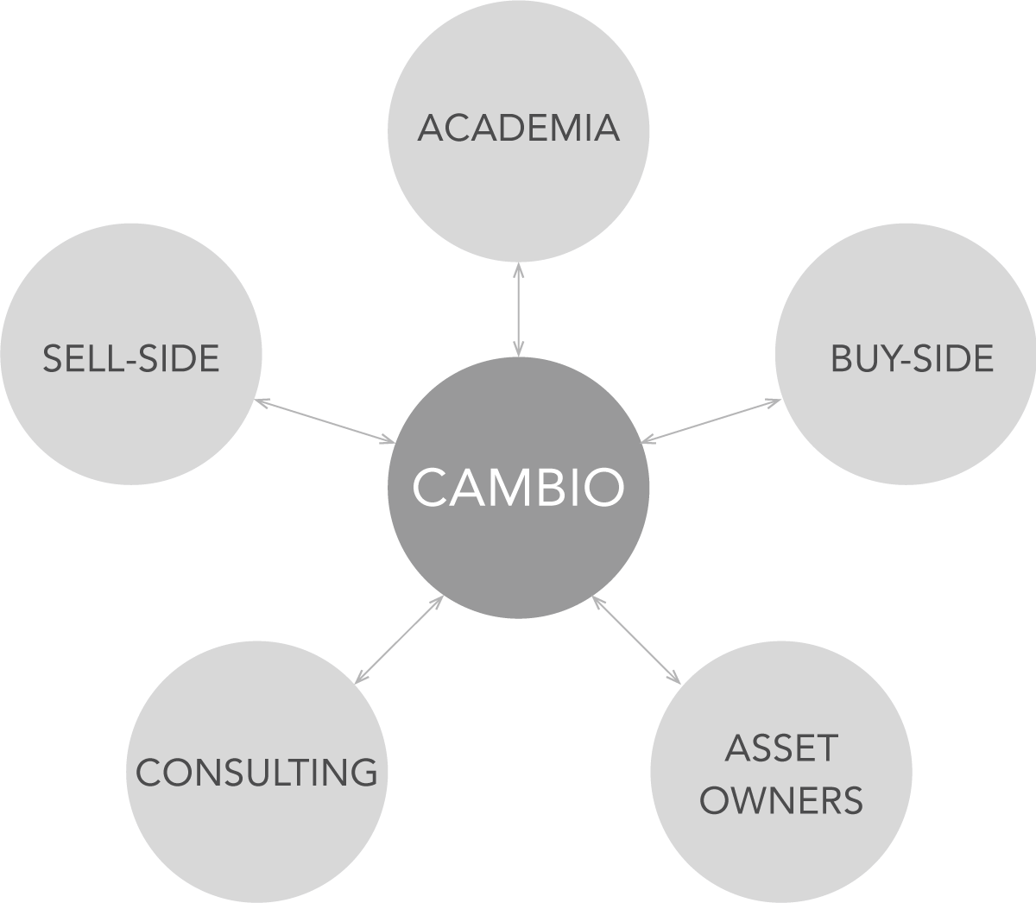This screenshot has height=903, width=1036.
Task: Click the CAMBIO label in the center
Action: (518, 488)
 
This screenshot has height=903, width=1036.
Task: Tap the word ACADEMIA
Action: (518, 129)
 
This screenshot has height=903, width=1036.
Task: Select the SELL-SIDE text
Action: (131, 358)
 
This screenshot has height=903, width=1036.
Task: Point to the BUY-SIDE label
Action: (912, 358)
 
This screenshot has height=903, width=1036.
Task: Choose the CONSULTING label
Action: (257, 773)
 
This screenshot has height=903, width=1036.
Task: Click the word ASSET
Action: (781, 748)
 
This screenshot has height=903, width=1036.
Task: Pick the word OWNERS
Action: (781, 801)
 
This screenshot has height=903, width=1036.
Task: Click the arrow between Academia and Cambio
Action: (518, 309)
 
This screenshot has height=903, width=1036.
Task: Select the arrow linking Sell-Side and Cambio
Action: (325, 421)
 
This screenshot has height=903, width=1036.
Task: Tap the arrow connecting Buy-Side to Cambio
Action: (711, 421)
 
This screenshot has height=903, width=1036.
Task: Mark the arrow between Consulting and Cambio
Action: (399, 639)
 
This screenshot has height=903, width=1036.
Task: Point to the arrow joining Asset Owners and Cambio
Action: (636, 640)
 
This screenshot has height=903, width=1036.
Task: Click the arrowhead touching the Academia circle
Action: (518, 268)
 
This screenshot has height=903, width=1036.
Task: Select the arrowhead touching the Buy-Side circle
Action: (774, 402)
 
